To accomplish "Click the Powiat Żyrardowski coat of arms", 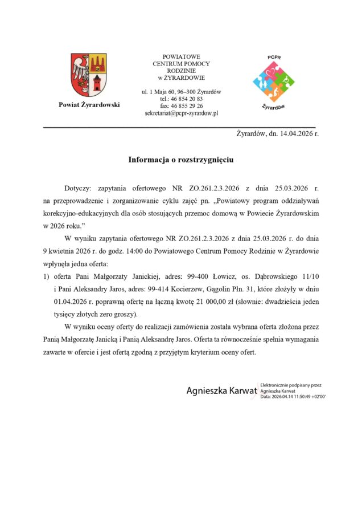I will [x=88, y=75].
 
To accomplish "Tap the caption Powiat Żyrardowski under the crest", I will [x=89, y=104].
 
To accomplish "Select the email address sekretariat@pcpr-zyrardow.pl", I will [x=182, y=113].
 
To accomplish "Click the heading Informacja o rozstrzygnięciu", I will [x=181, y=160].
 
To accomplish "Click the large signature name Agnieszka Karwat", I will [x=221, y=391].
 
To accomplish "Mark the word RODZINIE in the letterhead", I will [x=181, y=71].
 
